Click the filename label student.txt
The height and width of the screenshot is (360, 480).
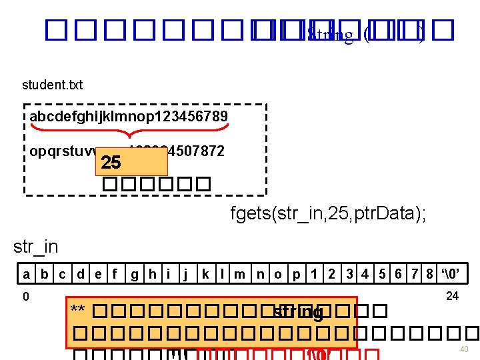[52, 85]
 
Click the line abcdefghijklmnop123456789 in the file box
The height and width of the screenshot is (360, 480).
[129, 117]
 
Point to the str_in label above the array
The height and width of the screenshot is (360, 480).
[35, 247]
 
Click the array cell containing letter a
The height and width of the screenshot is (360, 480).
[26, 273]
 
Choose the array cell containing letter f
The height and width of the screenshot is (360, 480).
[115, 273]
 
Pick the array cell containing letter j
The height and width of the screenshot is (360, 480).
[186, 273]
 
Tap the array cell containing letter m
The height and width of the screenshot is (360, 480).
[241, 273]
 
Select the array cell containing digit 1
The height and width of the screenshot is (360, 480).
[313, 273]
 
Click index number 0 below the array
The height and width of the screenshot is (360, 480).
[25, 297]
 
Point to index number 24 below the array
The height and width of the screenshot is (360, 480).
[452, 296]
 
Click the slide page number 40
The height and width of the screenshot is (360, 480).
[464, 350]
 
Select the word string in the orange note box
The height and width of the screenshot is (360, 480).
[298, 312]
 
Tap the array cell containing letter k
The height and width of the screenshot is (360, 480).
[206, 273]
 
